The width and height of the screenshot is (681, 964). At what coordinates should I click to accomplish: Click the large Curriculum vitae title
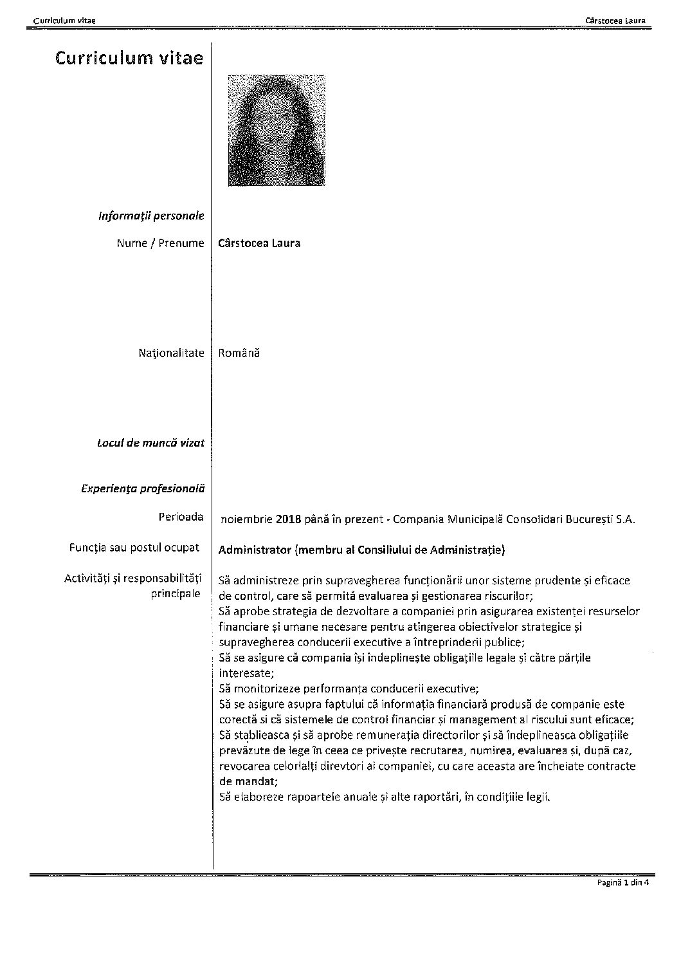point(129,59)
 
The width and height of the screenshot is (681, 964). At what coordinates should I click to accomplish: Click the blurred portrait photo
point(277,130)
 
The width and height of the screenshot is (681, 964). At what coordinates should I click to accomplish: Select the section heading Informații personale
point(151,216)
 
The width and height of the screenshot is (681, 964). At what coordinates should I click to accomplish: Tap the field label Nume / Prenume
point(160,243)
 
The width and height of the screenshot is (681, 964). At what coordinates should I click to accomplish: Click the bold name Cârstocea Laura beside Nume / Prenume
point(259,243)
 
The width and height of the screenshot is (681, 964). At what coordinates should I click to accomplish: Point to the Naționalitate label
point(171,353)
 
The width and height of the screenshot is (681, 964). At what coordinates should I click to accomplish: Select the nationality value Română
point(239,353)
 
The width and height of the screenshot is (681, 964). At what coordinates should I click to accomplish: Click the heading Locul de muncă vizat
point(150,443)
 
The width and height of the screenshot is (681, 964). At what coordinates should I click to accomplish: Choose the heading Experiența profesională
point(143,488)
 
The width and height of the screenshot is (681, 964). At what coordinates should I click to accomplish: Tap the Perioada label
point(181,517)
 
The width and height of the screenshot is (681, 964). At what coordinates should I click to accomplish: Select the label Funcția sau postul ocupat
point(134,548)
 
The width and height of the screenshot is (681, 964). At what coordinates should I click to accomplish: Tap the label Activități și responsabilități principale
point(133,585)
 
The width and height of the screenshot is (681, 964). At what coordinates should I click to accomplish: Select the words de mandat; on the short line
point(248,781)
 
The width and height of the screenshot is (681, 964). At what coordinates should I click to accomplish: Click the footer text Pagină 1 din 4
point(623,883)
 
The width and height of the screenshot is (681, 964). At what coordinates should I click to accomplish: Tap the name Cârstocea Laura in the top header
point(615,21)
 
